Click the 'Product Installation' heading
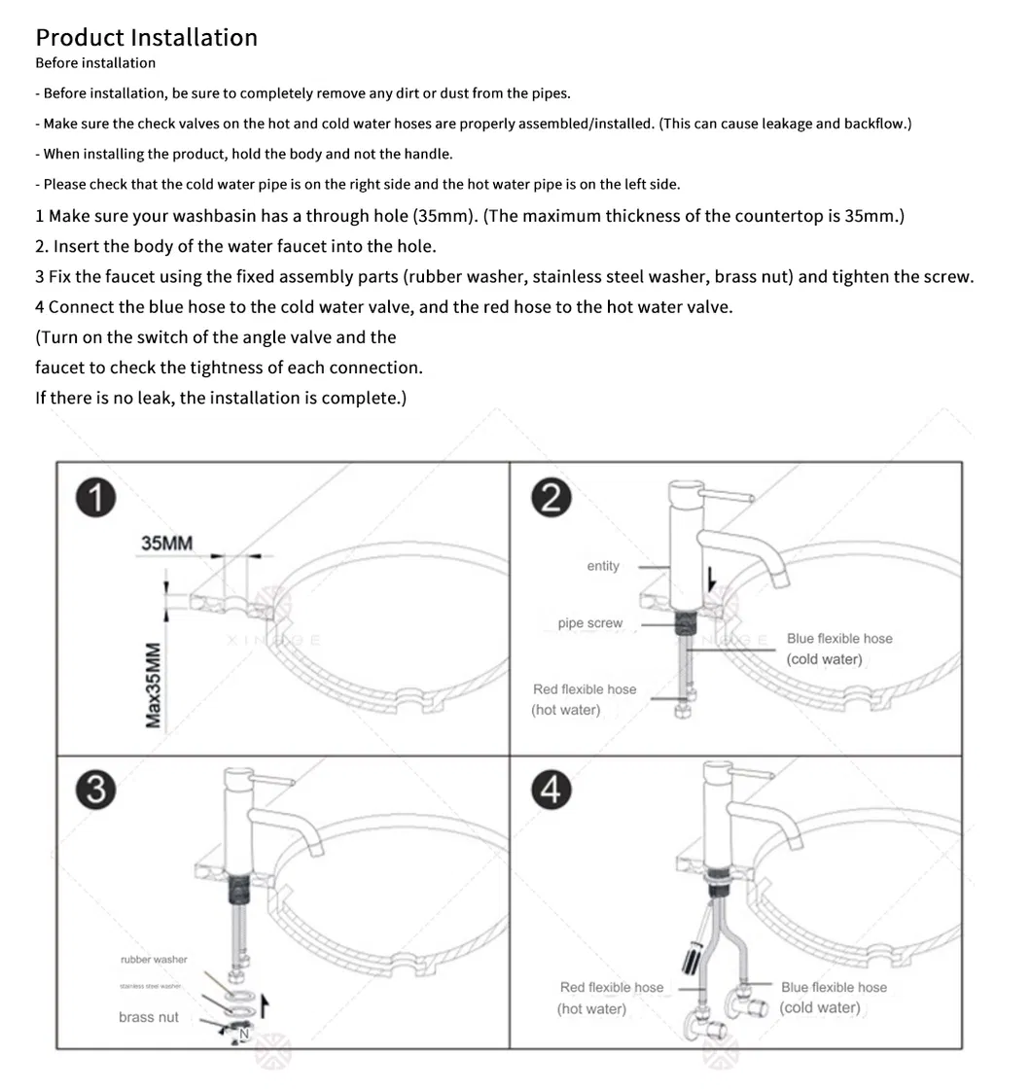coord(146,38)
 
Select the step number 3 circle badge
coord(95,789)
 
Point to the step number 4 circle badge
coord(551,791)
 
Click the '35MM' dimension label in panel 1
coord(166,544)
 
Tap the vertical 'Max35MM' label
coord(154,685)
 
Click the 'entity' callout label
coord(602,566)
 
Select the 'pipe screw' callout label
coord(589,623)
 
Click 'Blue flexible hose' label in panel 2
coord(838,639)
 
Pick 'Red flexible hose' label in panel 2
coord(584,689)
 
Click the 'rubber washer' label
coord(154,960)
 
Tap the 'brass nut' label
coord(149,1017)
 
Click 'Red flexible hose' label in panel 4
coord(611,988)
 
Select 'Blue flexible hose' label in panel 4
coord(834,988)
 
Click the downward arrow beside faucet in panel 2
coord(712,580)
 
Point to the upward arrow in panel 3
coord(263,1006)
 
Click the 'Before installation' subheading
coord(95,63)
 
